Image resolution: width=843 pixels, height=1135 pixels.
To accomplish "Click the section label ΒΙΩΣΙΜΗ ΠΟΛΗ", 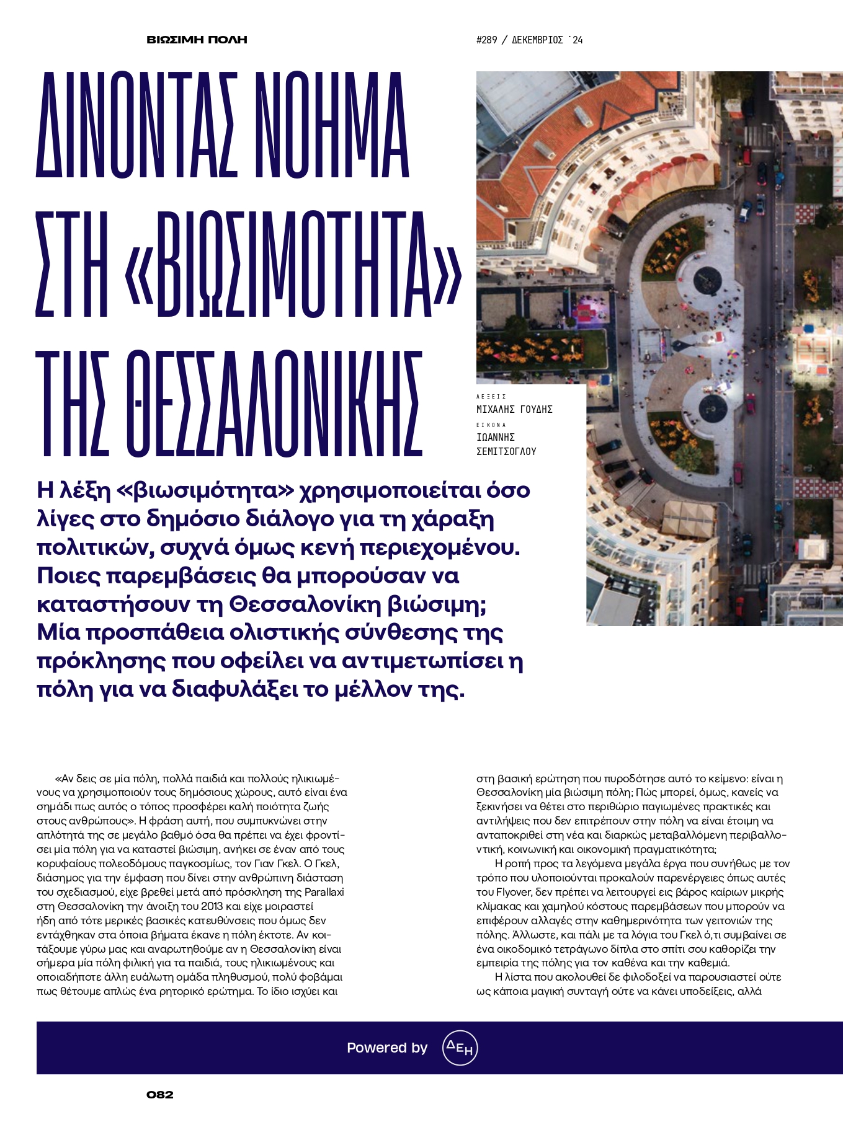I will [197, 40].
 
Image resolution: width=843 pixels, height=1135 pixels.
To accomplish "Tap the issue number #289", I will [486, 40].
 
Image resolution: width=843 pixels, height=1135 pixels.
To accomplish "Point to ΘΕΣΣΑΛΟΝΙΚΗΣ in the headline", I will [230, 404].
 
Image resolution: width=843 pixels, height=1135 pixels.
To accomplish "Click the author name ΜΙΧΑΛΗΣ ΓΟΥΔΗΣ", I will [514, 410].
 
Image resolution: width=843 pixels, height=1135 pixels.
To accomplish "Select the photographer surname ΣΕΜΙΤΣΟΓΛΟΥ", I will [506, 452].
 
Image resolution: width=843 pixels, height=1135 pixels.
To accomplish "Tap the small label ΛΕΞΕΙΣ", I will [491, 396].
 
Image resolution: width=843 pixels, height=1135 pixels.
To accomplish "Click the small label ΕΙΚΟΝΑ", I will [491, 425].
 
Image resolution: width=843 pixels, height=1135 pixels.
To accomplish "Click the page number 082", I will [160, 1095].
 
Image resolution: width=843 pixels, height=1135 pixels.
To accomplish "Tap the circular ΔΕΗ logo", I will [460, 1048].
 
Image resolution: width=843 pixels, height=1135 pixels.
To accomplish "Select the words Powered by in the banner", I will [387, 1048].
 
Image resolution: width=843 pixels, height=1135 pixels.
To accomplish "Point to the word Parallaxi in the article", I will [324, 892].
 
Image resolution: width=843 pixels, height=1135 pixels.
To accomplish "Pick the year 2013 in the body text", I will [212, 906].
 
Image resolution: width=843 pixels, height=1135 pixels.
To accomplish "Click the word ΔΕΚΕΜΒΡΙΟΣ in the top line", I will [537, 40].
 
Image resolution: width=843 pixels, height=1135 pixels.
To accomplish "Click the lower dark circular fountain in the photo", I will [713, 407].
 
